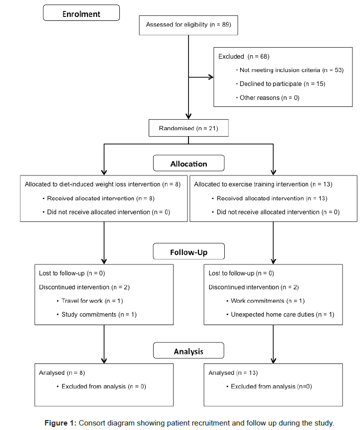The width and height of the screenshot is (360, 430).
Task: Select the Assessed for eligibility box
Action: coord(188,25)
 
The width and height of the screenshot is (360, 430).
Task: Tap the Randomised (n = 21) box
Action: coord(188,128)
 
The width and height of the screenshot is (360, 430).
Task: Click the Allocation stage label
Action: coord(189,164)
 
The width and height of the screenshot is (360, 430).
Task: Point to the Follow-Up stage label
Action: coord(189,252)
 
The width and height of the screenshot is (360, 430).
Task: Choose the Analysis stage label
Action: coord(188,351)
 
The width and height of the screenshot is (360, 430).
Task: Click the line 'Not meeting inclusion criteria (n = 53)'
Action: coord(291,70)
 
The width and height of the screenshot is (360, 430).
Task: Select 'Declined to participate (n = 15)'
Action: coord(282,84)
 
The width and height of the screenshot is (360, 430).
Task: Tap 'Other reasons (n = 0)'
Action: coord(270,98)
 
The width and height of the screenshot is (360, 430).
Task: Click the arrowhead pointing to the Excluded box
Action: coord(211,77)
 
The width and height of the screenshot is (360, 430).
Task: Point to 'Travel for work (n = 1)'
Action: coord(92,301)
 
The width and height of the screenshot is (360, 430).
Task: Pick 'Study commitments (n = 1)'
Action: coord(99,315)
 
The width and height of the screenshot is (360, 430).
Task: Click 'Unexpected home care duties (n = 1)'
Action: coord(282,315)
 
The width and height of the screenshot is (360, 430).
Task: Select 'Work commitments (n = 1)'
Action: coord(268,301)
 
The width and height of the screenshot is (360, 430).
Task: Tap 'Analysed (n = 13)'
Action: coord(233,373)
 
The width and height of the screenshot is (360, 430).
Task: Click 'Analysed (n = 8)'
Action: coord(62,373)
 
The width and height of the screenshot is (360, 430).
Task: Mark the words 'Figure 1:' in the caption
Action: coord(60,423)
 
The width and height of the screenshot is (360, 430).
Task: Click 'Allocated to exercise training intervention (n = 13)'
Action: coord(263,184)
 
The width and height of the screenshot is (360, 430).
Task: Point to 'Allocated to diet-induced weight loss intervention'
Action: coord(92,184)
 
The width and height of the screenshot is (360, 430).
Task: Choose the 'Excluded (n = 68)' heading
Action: coord(244,57)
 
